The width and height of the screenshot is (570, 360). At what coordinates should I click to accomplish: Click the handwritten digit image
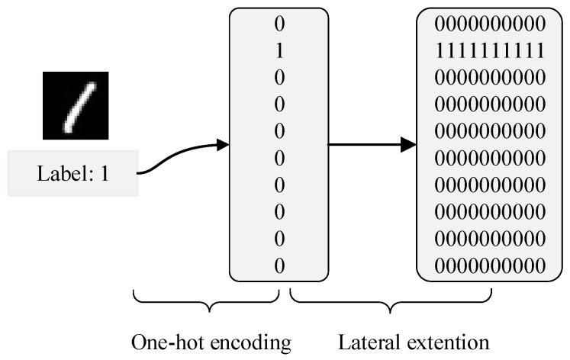pyautogui.click(x=74, y=105)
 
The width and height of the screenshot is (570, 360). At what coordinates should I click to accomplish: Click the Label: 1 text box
pyautogui.click(x=73, y=174)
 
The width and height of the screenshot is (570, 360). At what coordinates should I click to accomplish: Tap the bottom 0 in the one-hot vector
pyautogui.click(x=279, y=265)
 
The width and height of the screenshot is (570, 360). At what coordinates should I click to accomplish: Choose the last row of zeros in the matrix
pyautogui.click(x=490, y=265)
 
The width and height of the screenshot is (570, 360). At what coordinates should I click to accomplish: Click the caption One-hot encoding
pyautogui.click(x=211, y=342)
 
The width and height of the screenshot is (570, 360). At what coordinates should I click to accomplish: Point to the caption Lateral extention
pyautogui.click(x=413, y=342)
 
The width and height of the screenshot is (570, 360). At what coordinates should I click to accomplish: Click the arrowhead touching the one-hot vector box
pyautogui.click(x=223, y=145)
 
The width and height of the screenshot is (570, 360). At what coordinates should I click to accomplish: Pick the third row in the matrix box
pyautogui.click(x=490, y=77)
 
